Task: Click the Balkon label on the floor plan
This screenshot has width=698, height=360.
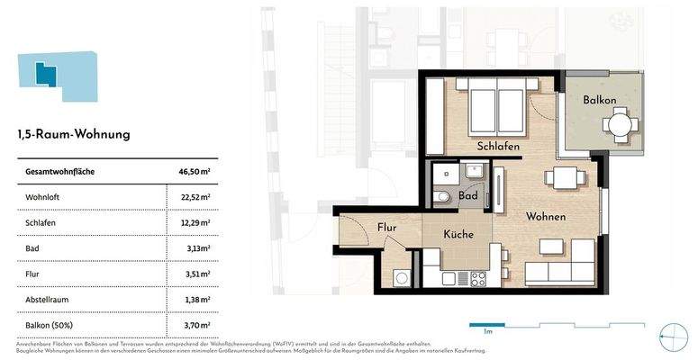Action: (x=598, y=100)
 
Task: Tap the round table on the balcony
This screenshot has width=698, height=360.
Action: (x=619, y=122)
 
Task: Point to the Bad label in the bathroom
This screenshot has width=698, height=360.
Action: (x=468, y=194)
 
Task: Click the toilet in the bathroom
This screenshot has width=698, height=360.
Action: (x=442, y=196)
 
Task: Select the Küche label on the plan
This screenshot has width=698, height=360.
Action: (x=458, y=234)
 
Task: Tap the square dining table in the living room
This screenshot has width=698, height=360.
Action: (x=565, y=179)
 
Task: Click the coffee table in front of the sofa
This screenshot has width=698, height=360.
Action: (x=551, y=247)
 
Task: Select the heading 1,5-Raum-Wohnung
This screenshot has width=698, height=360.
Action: (x=74, y=135)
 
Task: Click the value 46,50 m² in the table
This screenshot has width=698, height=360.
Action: (x=194, y=171)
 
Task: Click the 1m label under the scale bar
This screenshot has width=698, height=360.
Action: (x=487, y=333)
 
